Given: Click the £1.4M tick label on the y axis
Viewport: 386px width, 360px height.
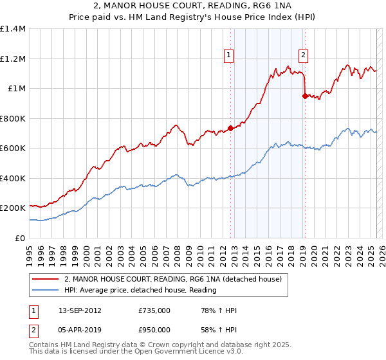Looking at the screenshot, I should [13, 29].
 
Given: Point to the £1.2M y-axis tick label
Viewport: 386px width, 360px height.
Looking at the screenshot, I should [13, 59].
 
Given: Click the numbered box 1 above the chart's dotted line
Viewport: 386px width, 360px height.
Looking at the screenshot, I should [230, 55].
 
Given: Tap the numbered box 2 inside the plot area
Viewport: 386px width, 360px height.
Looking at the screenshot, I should [303, 55].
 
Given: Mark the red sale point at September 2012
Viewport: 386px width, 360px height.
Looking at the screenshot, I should [230, 128].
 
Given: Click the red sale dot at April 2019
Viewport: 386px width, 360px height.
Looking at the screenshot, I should [305, 96].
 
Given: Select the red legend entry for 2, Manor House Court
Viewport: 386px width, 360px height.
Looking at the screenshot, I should [172, 280].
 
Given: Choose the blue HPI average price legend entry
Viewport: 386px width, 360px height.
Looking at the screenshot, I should [140, 291].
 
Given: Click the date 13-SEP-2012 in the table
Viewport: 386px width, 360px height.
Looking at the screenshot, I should [74, 310].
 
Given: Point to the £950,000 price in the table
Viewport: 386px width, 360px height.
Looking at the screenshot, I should [154, 329].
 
